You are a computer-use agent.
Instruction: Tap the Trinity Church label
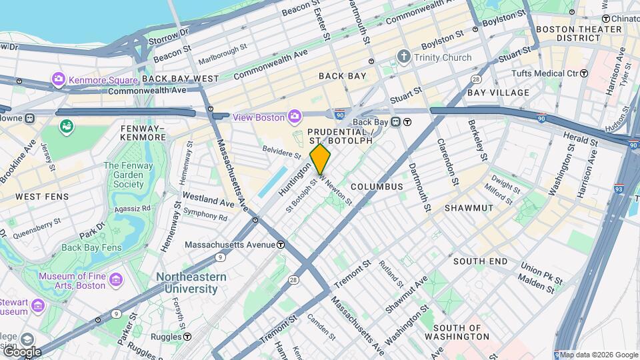(443, 57)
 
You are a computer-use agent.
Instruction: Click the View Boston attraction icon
(294, 117)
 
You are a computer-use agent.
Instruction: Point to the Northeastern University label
(191, 283)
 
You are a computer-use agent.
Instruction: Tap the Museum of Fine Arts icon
(116, 277)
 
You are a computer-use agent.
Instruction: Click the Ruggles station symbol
(187, 337)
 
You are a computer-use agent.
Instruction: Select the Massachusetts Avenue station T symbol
(281, 245)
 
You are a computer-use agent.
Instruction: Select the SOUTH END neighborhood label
(481, 261)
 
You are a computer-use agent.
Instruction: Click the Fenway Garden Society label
(124, 175)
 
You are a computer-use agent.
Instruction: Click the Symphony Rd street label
(205, 217)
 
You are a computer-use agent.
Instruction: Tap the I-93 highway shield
(619, 189)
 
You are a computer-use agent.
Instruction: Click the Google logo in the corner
(21, 352)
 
